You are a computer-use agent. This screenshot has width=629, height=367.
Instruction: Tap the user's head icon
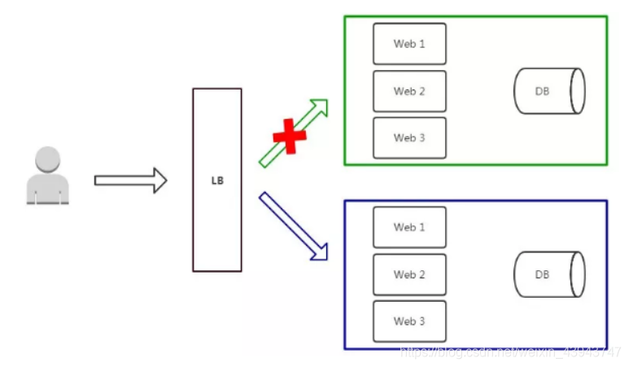click(x=48, y=160)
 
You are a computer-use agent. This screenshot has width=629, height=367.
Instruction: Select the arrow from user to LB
click(x=130, y=180)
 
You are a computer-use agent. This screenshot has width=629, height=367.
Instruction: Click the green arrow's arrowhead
click(x=320, y=108)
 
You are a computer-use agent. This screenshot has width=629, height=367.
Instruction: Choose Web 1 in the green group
click(x=409, y=44)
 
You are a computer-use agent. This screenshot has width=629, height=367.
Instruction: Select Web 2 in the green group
click(x=409, y=91)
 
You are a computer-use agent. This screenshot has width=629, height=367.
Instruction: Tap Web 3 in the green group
click(x=409, y=138)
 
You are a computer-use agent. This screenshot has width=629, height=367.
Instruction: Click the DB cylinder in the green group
click(x=549, y=91)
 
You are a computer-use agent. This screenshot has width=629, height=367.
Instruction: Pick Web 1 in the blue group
click(x=409, y=227)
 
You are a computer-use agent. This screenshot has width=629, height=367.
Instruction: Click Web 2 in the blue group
click(x=409, y=274)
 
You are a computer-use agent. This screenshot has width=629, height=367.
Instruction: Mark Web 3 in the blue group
click(x=409, y=321)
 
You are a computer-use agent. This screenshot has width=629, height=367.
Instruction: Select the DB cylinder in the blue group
click(x=549, y=274)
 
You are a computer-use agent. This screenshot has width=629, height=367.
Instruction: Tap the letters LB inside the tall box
click(x=216, y=180)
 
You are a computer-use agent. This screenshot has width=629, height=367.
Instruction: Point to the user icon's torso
click(x=48, y=190)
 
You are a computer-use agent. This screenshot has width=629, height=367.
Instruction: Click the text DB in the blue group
click(x=542, y=274)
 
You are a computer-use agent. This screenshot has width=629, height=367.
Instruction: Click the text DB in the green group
click(x=542, y=91)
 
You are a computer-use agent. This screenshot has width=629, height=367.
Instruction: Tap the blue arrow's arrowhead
click(x=318, y=251)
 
